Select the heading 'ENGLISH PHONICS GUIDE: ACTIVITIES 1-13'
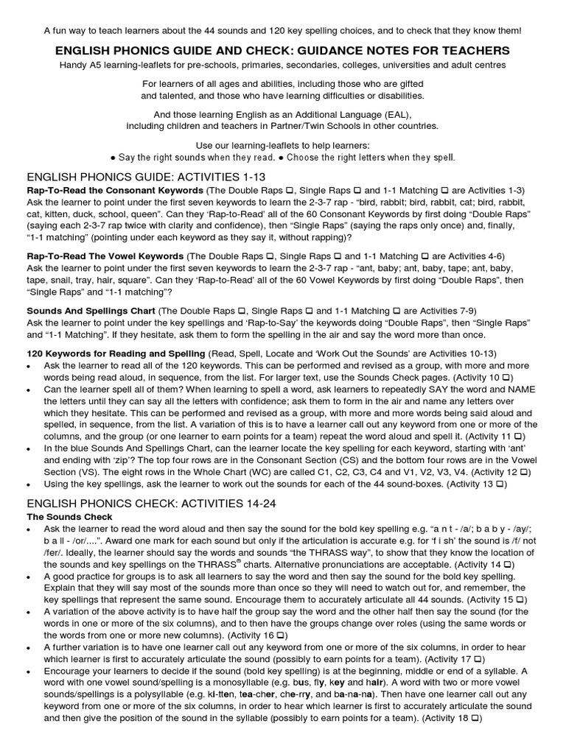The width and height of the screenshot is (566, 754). pos(145,177)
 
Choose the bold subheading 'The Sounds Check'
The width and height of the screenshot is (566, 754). pos(69,517)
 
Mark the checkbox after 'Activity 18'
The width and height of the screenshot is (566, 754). pos(475,717)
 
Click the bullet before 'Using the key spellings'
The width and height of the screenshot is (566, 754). pos(29,485)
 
